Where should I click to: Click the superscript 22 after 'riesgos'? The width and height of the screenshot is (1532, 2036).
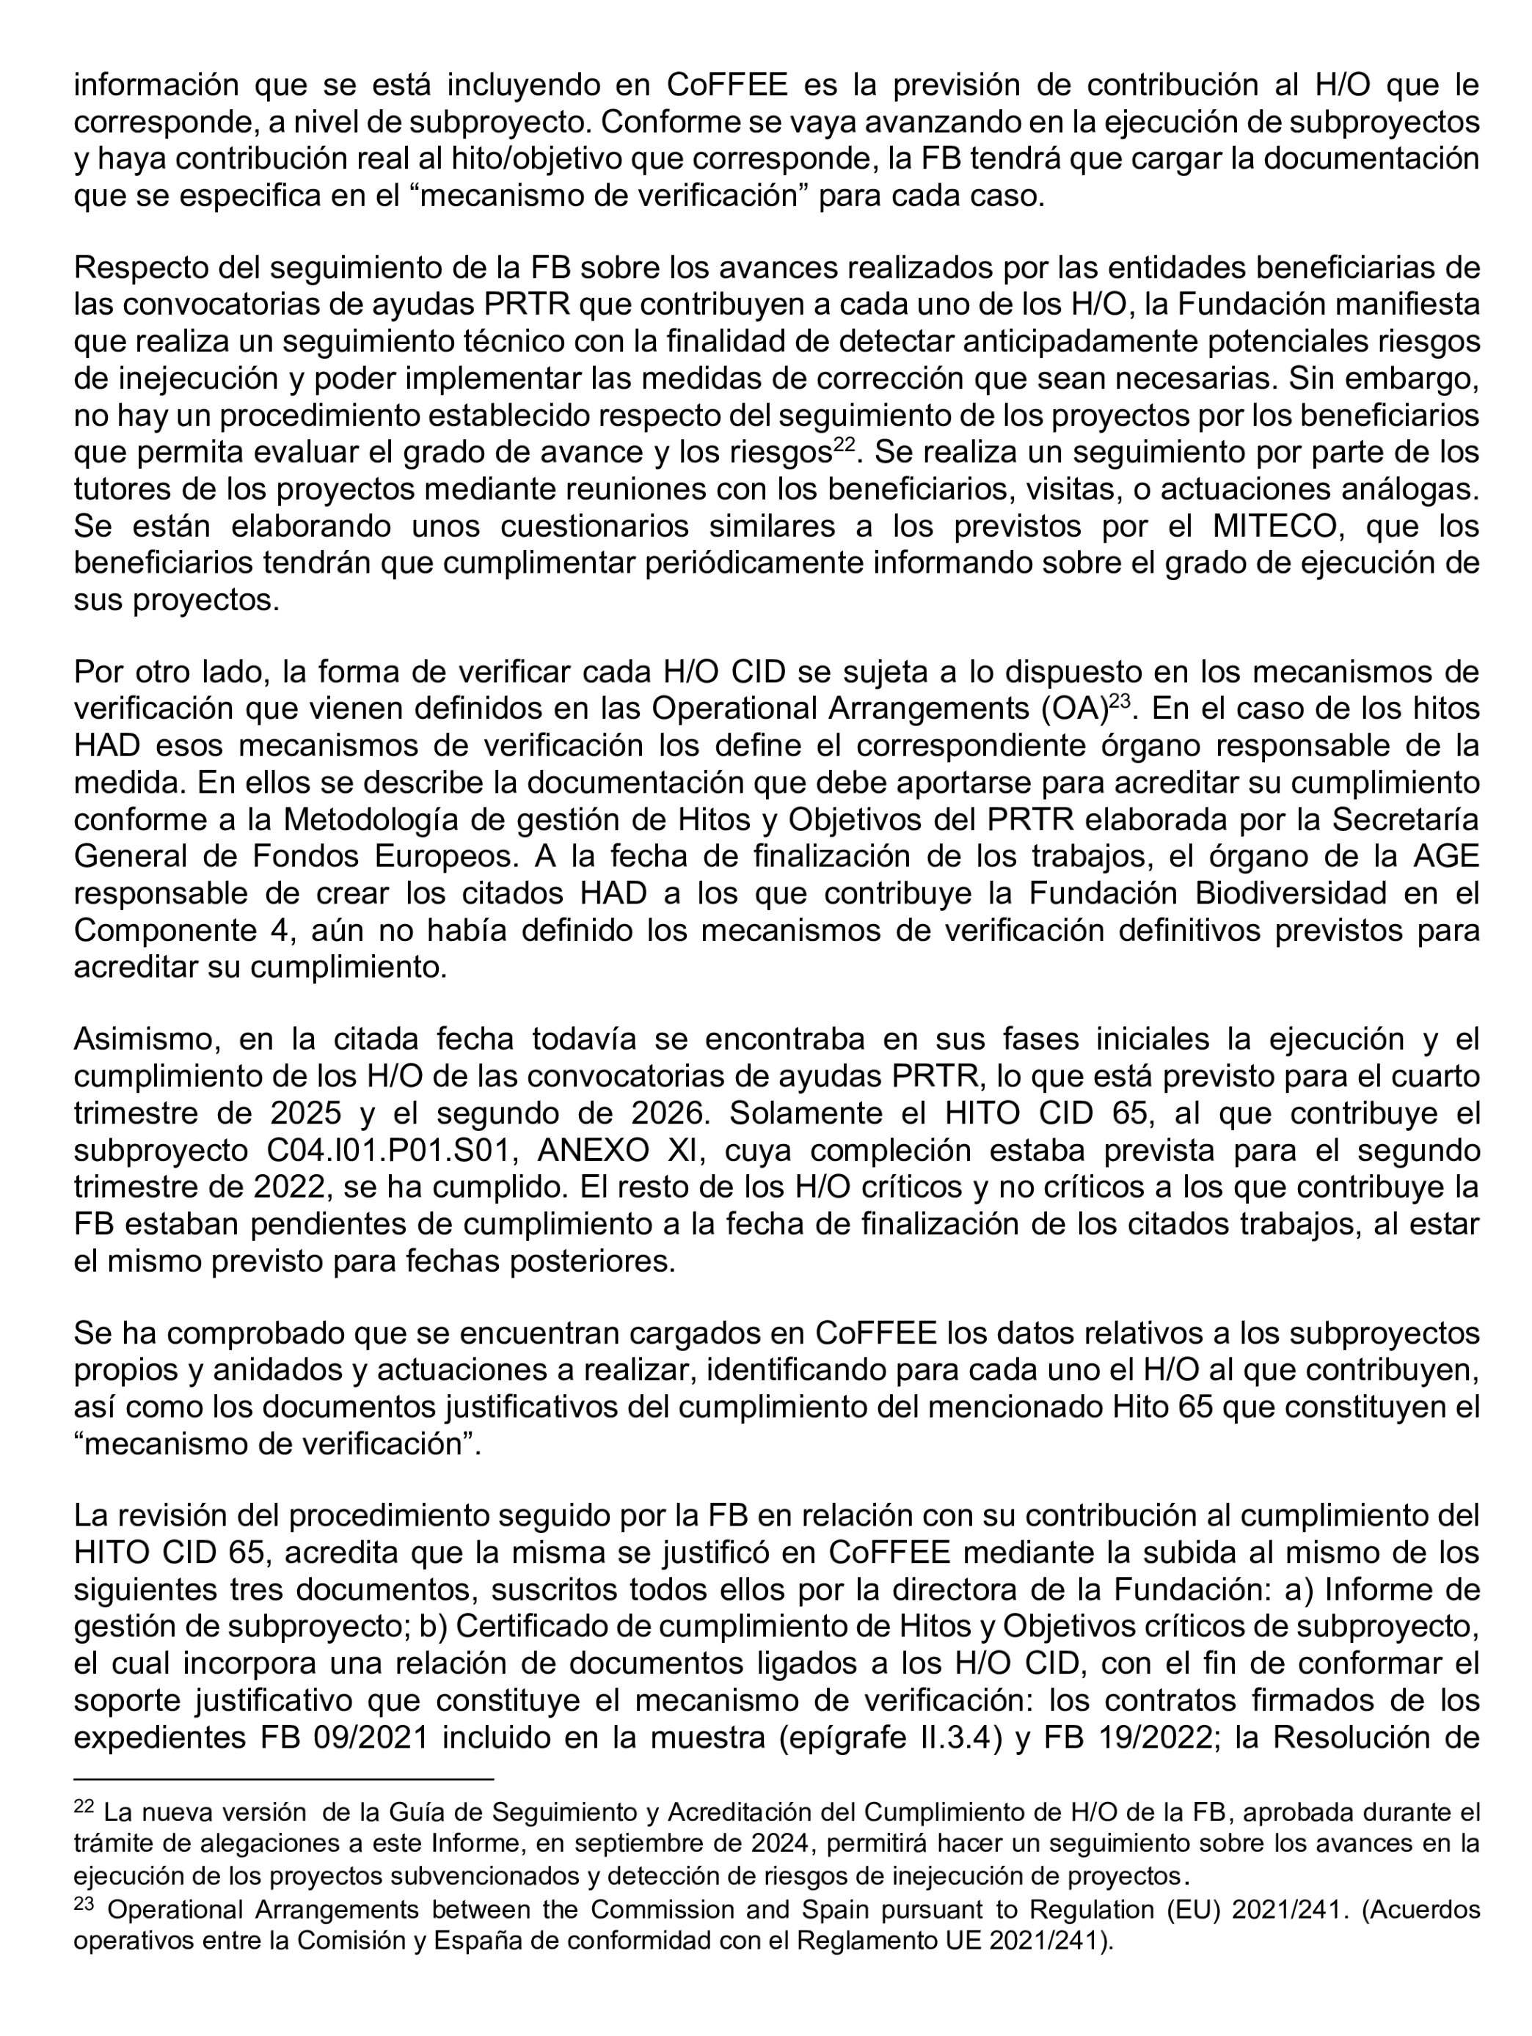(845, 444)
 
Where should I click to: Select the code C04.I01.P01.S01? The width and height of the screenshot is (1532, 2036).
(384, 1151)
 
